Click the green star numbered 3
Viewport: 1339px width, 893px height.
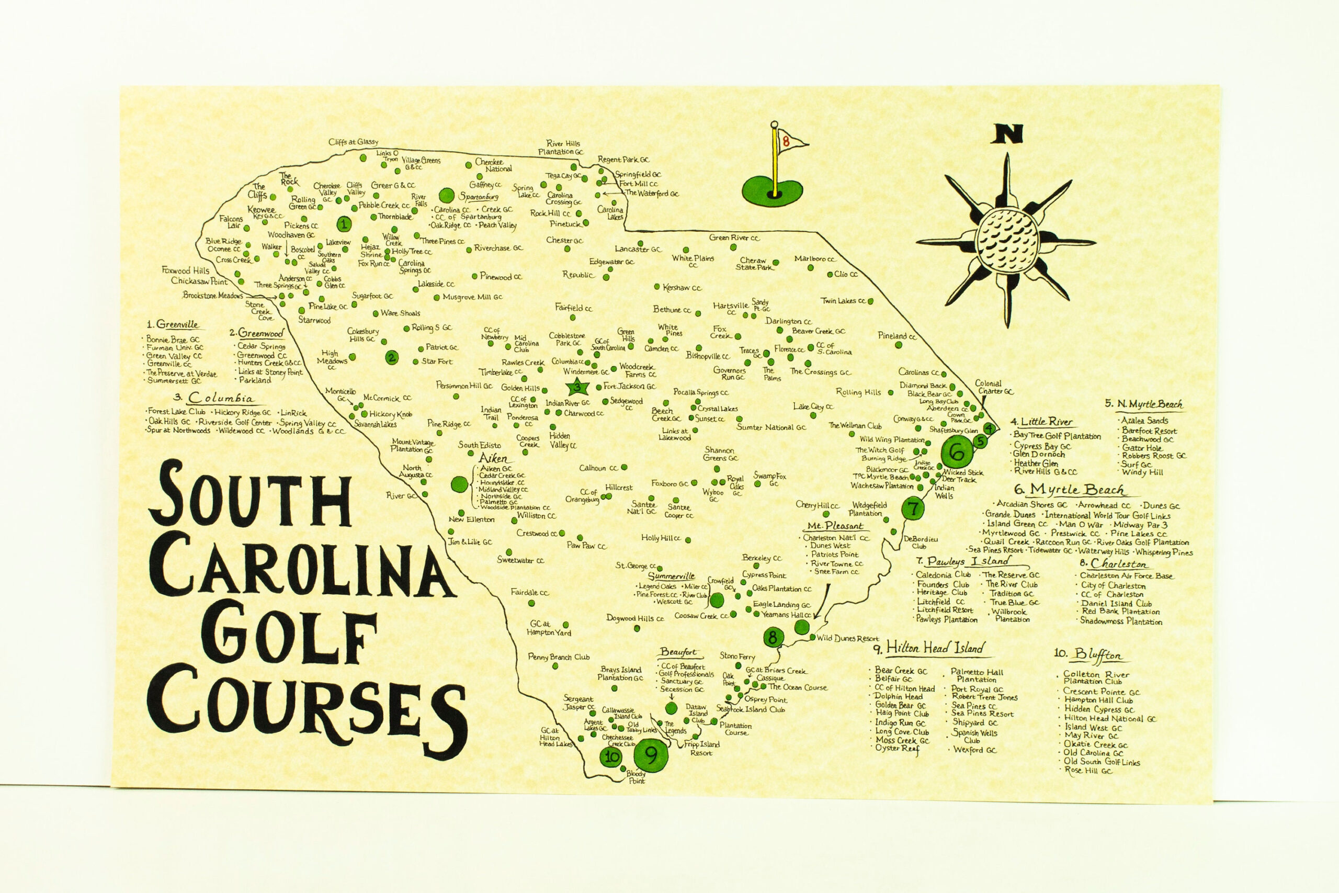point(578,387)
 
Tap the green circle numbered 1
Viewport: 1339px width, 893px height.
point(343,224)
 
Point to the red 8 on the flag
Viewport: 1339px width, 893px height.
point(786,142)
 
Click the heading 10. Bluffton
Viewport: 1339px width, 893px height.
point(1088,654)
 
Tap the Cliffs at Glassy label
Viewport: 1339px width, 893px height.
point(353,142)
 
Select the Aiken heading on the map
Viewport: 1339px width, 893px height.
point(492,458)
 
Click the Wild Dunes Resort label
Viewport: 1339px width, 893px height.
point(848,638)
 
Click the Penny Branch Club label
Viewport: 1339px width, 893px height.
point(559,657)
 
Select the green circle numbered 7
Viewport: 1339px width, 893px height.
point(913,508)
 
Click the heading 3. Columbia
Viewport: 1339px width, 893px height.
point(214,398)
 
